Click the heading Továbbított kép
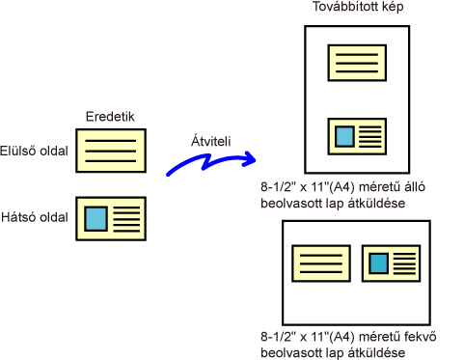point(358,7)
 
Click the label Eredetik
point(110,117)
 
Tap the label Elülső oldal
point(34,151)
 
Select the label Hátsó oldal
point(35,217)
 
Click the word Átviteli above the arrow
point(211,141)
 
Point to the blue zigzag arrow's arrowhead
point(252,159)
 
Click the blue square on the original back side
point(96,219)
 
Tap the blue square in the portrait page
point(344,136)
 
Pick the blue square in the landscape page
point(378,263)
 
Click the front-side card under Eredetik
point(111,151)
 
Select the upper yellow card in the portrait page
point(357,63)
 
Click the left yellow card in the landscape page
point(321,263)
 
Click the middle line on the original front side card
point(111,151)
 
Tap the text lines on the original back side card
point(126,219)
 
